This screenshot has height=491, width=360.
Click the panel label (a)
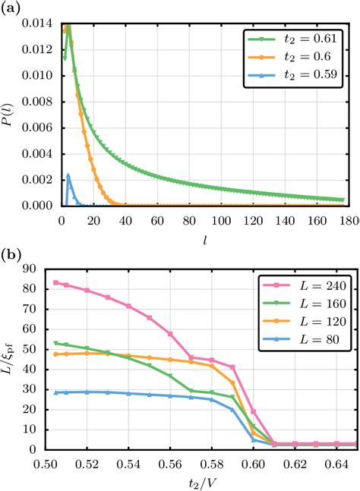(x=11, y=8)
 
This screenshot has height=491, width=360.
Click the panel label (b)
(x=11, y=255)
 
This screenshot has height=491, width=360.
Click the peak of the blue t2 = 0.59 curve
(x=68, y=175)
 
